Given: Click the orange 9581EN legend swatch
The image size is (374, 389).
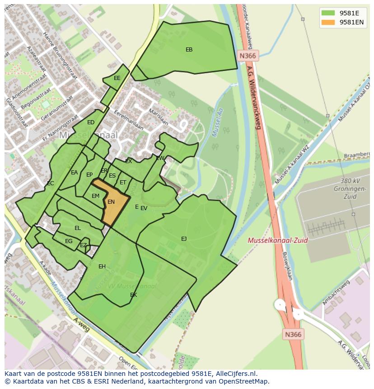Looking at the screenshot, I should point(328,22).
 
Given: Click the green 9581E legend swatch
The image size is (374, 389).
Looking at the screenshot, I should point(328,13).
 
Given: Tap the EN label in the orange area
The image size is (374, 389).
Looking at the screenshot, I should point(111,202).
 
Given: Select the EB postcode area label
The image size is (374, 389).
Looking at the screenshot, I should point(189,50).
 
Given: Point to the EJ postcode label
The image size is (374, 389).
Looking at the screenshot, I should point(184,239).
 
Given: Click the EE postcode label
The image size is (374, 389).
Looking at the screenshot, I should point(117,78).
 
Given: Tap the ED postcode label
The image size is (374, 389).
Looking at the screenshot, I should point(91,122).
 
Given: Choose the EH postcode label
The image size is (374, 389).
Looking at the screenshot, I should point(102,267).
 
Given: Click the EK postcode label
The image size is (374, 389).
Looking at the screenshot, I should point(133,295).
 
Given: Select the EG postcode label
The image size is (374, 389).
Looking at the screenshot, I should point(69,241).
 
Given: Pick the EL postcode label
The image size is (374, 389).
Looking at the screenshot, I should point(78,228).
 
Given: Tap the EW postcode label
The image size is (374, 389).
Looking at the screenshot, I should point(160,158).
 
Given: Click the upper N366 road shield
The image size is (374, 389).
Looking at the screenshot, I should point(248,56).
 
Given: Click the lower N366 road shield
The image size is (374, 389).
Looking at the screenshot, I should point(294,334).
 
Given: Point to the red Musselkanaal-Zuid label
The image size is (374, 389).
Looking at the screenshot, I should point(277,240).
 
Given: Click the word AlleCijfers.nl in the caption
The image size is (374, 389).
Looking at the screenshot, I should point(236,374).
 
